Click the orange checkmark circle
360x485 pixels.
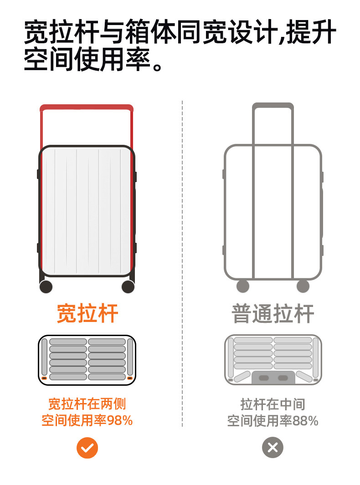click(87, 448)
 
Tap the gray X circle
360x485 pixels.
click(273, 448)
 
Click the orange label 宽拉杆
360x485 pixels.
click(87, 313)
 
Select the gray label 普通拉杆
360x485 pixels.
click(273, 313)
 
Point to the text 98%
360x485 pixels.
click(120, 420)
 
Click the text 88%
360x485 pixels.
click(305, 421)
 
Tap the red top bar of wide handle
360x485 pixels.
click(87, 108)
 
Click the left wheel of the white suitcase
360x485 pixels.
click(46, 287)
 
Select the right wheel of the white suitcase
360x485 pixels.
click(128, 287)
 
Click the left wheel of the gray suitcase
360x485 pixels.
click(243, 286)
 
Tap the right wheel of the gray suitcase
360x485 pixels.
click(303, 286)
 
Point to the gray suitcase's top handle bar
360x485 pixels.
click(273, 106)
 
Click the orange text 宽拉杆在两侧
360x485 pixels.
click(87, 404)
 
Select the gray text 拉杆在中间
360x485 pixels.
click(273, 404)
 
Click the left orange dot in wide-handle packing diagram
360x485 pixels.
click(45, 378)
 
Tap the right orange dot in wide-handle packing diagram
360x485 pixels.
click(129, 378)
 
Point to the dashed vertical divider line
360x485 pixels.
click(182, 264)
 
